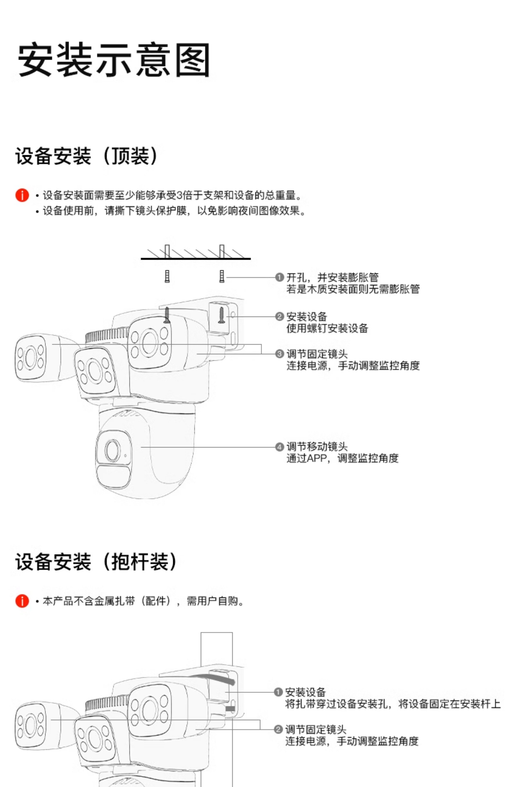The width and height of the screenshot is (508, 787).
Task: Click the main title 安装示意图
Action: (x=114, y=60)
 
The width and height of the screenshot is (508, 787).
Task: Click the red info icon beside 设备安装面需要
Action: (x=22, y=195)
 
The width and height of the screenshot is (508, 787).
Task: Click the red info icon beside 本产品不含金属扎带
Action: (x=22, y=601)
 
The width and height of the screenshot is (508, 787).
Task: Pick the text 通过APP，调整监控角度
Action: (x=342, y=458)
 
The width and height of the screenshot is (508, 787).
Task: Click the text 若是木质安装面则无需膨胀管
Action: (x=353, y=289)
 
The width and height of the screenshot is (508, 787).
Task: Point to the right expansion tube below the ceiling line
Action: (x=222, y=276)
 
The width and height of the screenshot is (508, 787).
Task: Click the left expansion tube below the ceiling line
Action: (x=167, y=276)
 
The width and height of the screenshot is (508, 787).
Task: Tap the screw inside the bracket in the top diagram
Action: (x=221, y=315)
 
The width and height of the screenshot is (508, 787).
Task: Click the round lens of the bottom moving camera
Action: (x=112, y=450)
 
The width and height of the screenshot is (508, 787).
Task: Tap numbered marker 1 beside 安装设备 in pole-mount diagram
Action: (x=278, y=692)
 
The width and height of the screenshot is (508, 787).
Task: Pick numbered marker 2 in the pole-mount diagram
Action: (x=278, y=729)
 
